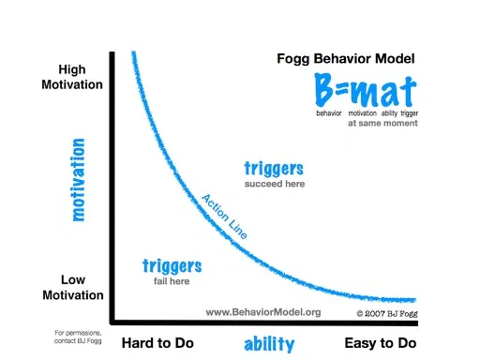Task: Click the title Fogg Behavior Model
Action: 345,58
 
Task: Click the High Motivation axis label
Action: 71,77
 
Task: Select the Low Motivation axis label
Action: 71,287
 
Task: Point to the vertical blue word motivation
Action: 78,180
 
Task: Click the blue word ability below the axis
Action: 270,344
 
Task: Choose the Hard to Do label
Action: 157,343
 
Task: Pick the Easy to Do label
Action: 380,343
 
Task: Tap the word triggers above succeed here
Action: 274,169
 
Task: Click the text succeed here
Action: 275,184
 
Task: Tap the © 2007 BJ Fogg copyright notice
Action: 384,312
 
